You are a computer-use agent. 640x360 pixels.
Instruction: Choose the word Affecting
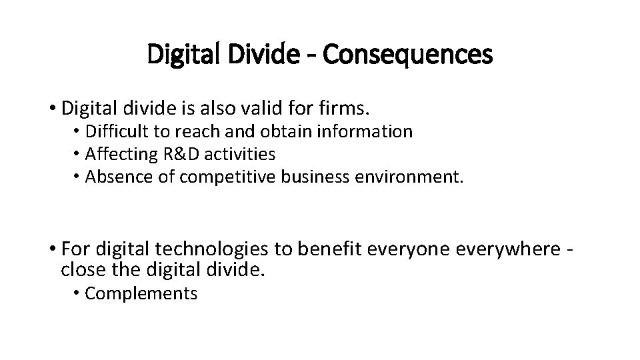(x=121, y=154)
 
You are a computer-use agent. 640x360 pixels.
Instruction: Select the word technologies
(x=211, y=249)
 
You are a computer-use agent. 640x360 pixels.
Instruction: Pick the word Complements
(x=141, y=293)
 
